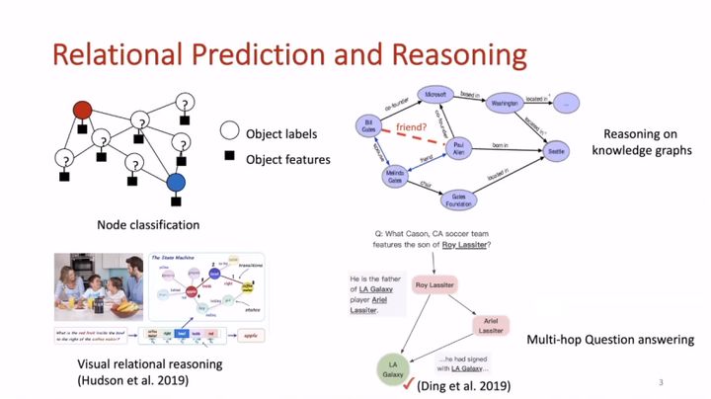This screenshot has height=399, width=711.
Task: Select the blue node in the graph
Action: tap(176, 182)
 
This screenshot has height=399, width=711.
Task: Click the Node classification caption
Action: tap(149, 225)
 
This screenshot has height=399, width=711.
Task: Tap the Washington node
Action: tap(505, 102)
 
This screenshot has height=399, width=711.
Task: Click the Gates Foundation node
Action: tap(458, 200)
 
